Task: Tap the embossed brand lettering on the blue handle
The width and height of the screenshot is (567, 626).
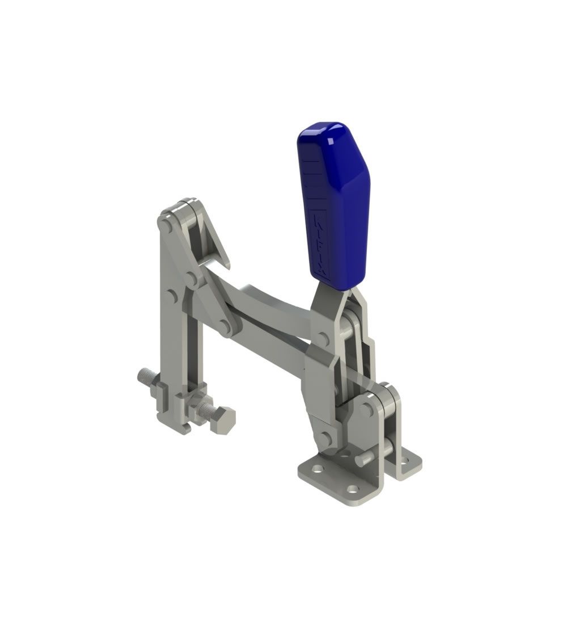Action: pyautogui.click(x=320, y=244)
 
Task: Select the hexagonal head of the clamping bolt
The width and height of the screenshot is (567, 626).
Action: pyautogui.click(x=224, y=420)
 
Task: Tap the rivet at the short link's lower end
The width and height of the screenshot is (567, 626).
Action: pyautogui.click(x=226, y=327)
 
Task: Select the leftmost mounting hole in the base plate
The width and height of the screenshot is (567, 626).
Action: pyautogui.click(x=318, y=470)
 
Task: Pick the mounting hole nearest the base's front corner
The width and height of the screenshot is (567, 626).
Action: pyautogui.click(x=354, y=489)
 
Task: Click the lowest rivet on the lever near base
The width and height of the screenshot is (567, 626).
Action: pyautogui.click(x=325, y=437)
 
